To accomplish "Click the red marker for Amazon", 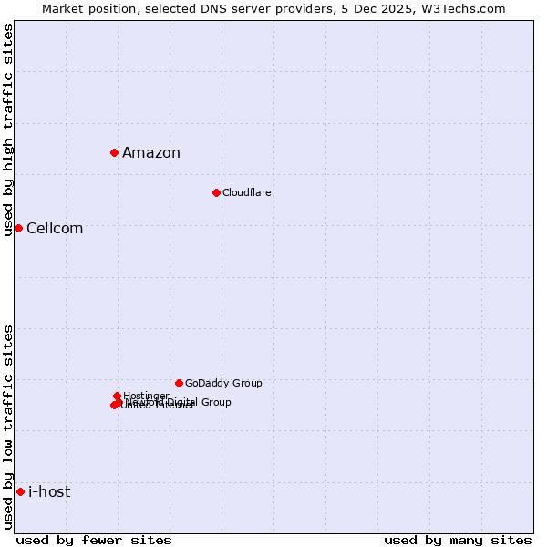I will [114, 152].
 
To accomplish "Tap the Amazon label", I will [151, 153].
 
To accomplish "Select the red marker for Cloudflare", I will [216, 192].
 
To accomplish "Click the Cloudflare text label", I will [246, 193].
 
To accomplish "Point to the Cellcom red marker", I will [18, 228].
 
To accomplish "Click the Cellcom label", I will [55, 229].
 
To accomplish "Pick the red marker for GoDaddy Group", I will [179, 383].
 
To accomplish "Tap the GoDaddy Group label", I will [223, 384].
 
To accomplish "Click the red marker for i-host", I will [20, 491].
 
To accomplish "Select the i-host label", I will [49, 492].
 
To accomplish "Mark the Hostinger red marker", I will [117, 396].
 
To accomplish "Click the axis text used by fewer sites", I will [94, 540].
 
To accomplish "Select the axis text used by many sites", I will [458, 540].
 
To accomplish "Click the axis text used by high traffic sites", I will [8, 129].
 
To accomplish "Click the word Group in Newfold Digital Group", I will [215, 402].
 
